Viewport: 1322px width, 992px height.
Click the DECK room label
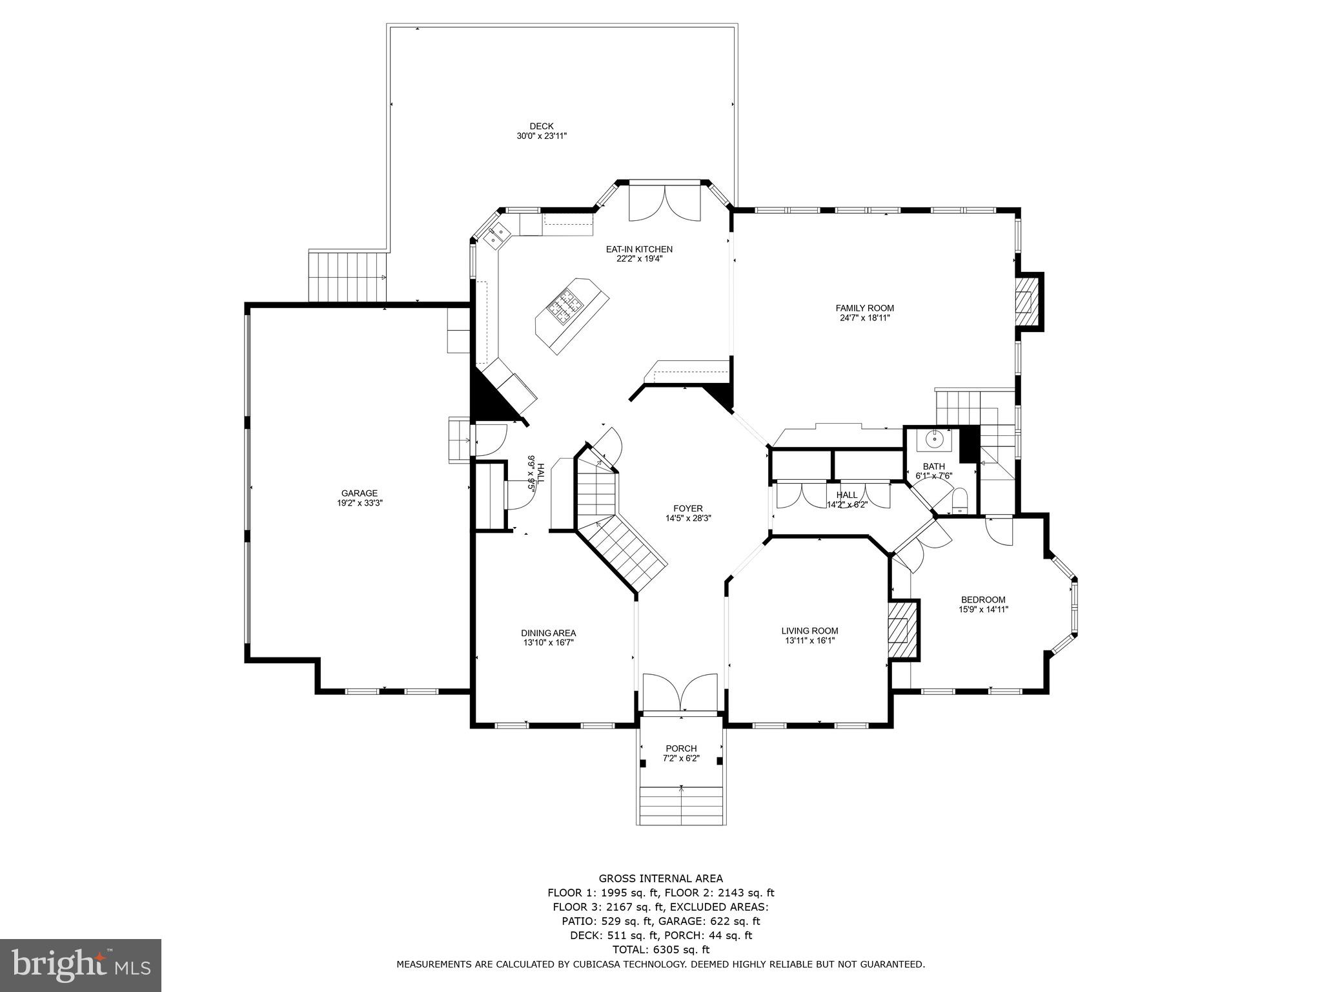click(541, 127)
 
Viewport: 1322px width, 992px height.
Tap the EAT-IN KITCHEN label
click(638, 249)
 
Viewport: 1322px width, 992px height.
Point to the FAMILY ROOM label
click(864, 308)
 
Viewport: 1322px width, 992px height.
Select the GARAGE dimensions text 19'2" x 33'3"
click(360, 502)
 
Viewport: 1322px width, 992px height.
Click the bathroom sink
click(934, 439)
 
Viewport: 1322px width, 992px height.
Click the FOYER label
click(687, 508)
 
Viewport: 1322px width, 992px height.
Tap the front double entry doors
click(680, 692)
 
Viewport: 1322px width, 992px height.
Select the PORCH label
click(681, 749)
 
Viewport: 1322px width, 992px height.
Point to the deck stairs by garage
click(347, 277)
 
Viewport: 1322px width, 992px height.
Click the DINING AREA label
click(548, 633)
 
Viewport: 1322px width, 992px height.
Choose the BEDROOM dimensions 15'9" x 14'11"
click(983, 609)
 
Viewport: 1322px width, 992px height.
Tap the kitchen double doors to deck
click(664, 203)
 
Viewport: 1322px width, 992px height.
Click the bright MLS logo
click(81, 965)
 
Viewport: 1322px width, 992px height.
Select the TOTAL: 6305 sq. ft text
click(660, 949)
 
